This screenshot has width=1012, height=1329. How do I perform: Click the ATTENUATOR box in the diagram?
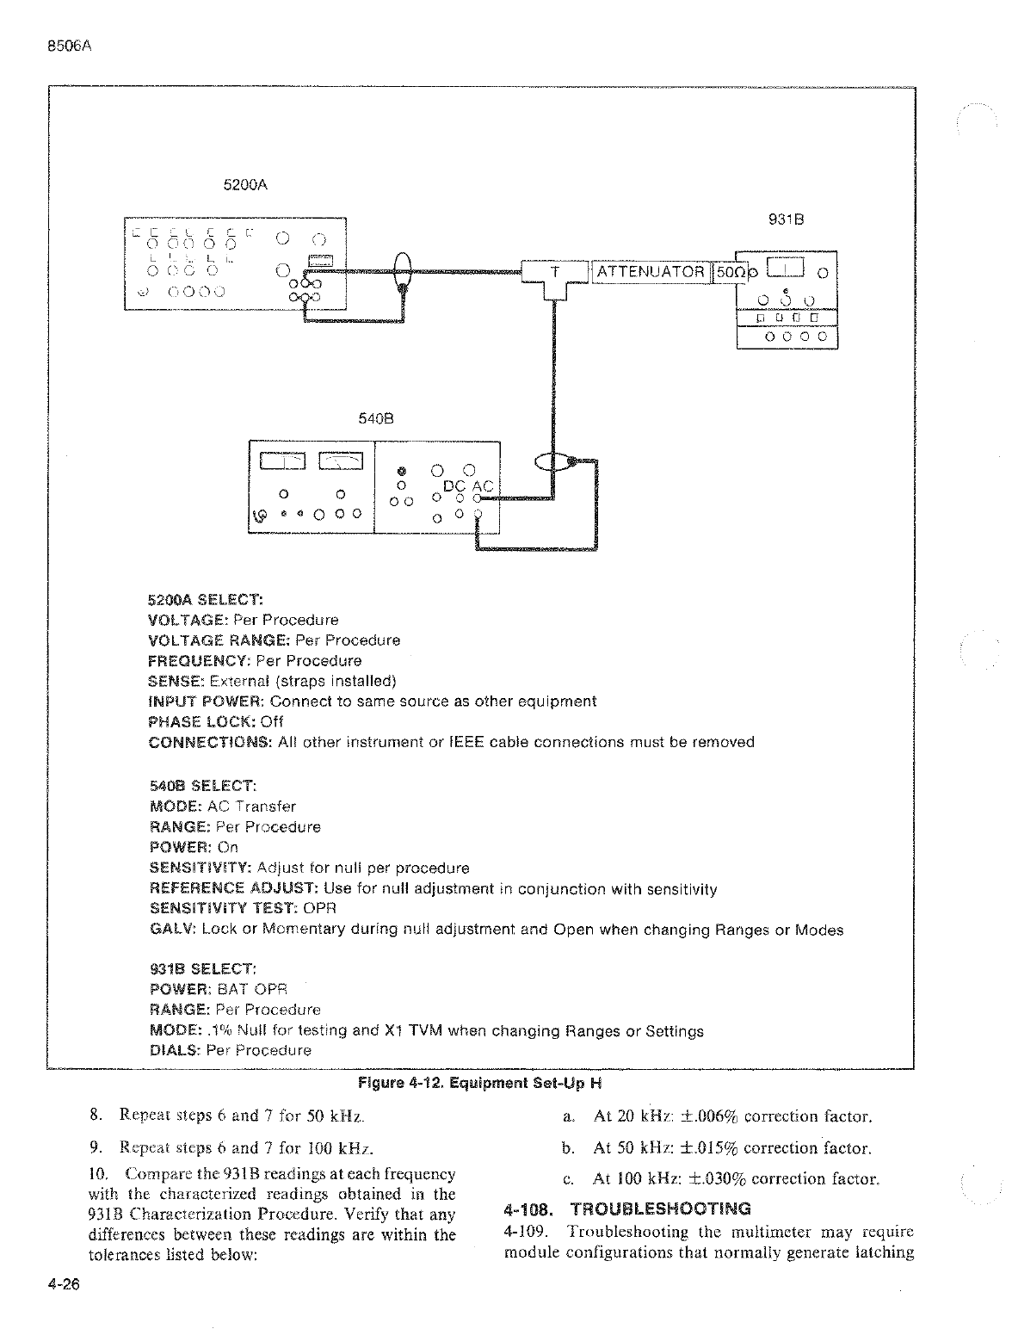650,272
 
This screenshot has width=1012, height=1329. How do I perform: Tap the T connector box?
555,273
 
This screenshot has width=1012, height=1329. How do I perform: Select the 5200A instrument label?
244,184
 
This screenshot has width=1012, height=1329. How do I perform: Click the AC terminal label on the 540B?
484,486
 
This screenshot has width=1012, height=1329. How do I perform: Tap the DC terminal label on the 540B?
454,486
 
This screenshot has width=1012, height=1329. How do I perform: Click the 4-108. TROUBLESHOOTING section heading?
626,1209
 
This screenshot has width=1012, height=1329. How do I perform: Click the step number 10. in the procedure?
100,1173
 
